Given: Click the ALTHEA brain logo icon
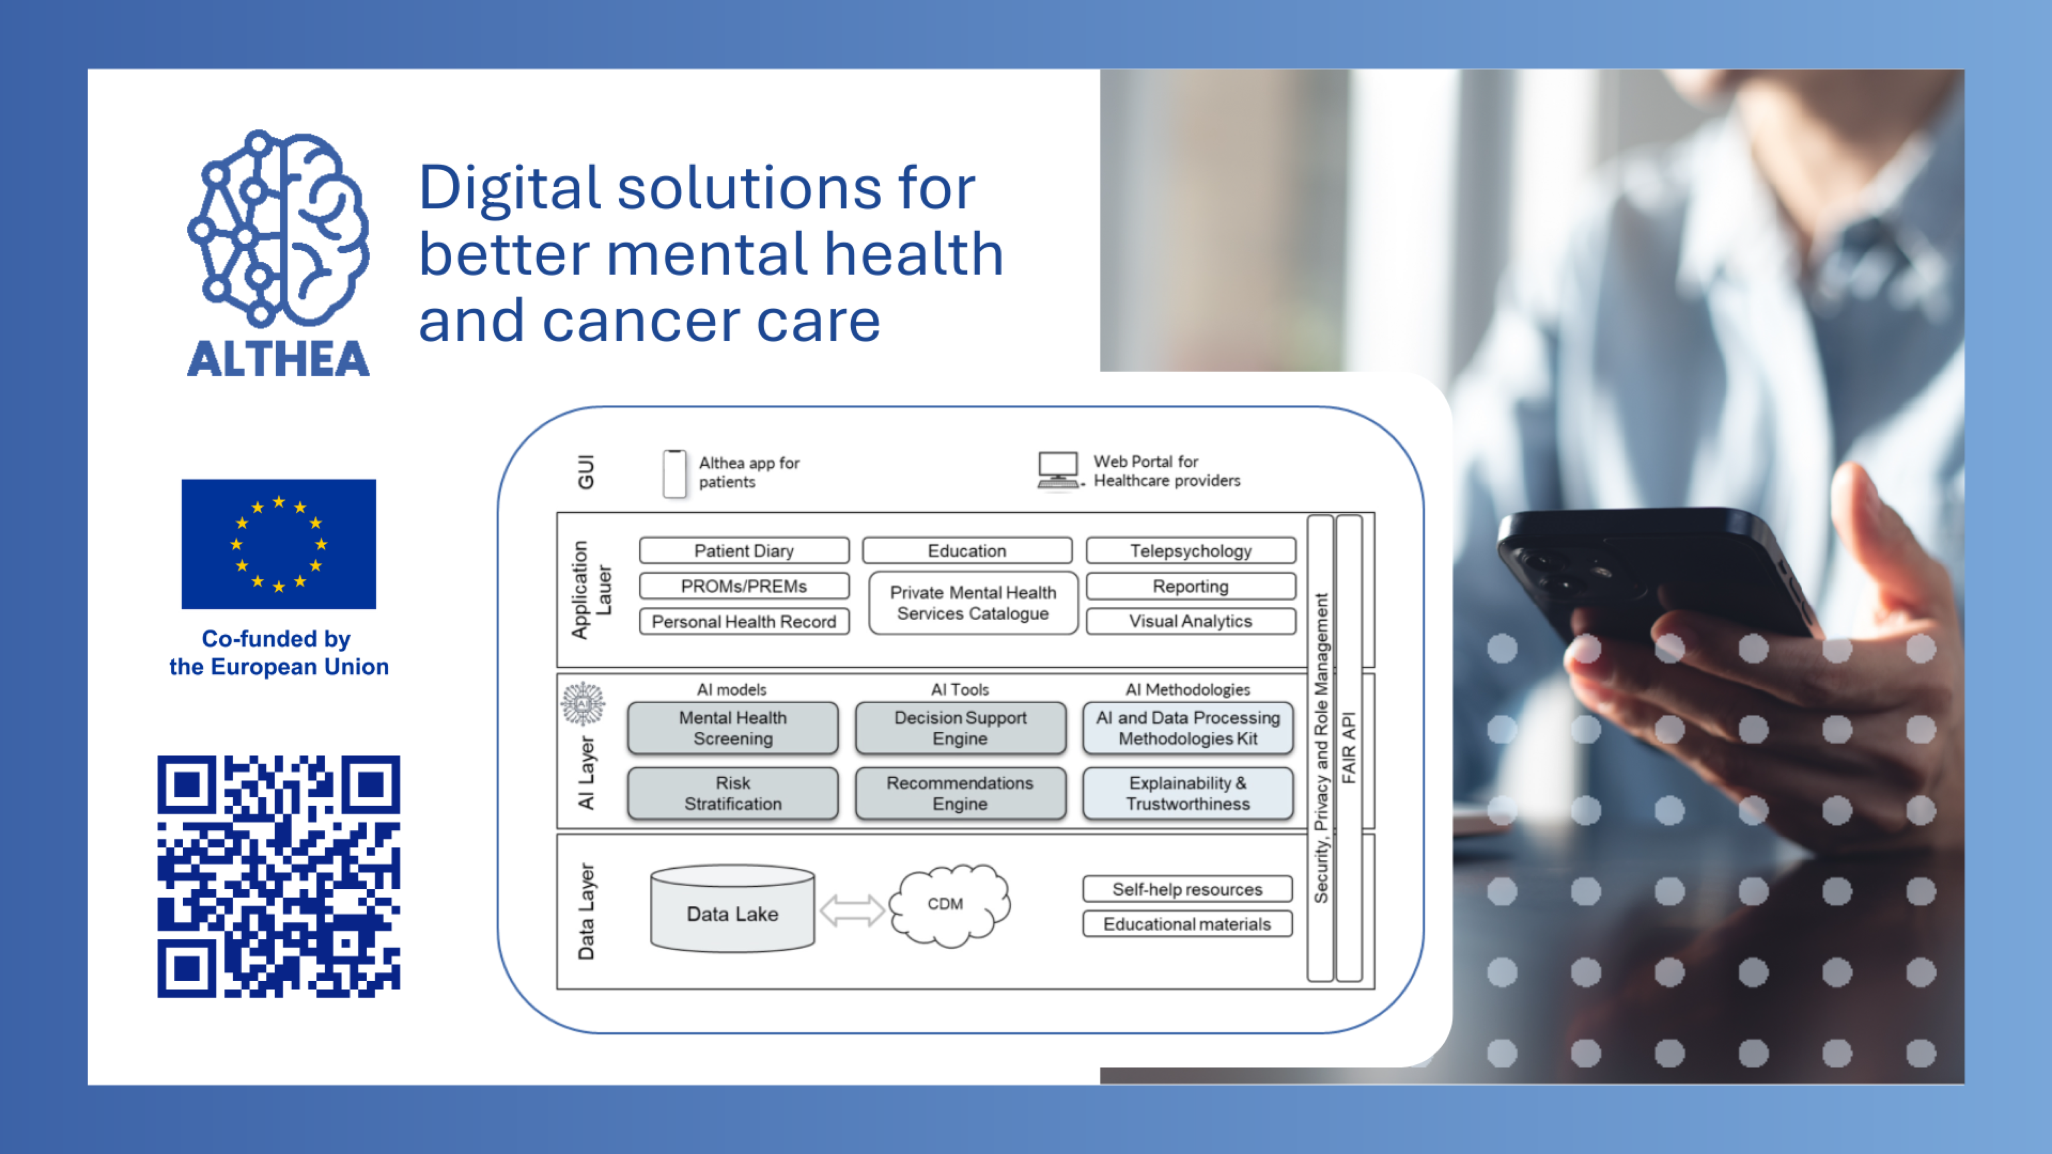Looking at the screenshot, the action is click(x=278, y=229).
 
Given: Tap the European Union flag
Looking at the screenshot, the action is click(x=279, y=544).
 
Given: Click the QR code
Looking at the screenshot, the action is click(x=279, y=876).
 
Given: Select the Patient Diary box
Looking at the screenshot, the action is click(x=744, y=550).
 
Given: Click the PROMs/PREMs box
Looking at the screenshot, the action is click(x=744, y=586).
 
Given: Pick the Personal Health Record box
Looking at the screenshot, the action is click(x=744, y=621).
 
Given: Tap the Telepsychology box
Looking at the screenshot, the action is click(x=1191, y=550).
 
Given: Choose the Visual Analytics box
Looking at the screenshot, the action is click(x=1191, y=621).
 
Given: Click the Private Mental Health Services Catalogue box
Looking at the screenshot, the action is click(x=973, y=603).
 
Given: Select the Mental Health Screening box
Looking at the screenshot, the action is click(x=733, y=728).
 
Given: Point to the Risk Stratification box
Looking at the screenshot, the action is click(x=733, y=793).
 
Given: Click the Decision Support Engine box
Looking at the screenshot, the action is click(x=961, y=728).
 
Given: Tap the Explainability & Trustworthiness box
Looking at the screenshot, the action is click(x=1188, y=793).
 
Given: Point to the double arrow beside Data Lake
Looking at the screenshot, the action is click(x=852, y=910).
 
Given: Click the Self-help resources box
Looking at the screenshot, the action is click(x=1187, y=889).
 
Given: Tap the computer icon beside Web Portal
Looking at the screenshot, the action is click(x=1058, y=471).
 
